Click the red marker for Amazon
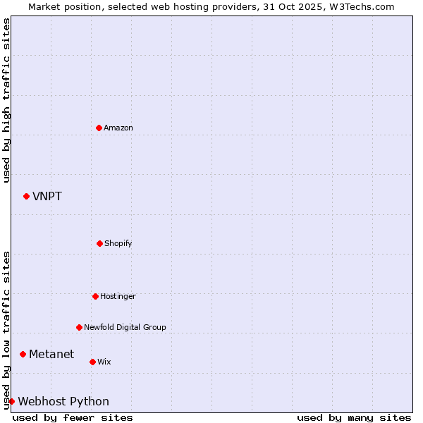coord(99,128)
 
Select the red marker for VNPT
coord(27,196)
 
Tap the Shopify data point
coord(99,243)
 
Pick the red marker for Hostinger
coord(95,296)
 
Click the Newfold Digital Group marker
coord(79,327)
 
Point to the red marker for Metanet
coord(23,354)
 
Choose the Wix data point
coord(92,362)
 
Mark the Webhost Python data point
coord(12,401)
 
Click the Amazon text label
coord(118,128)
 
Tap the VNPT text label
coord(47,196)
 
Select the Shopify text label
coord(118,243)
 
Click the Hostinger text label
coord(118,296)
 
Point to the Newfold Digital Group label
coord(125,327)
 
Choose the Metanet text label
coord(51,354)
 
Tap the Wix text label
coord(104,362)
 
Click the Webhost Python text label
coord(63,401)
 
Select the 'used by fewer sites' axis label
coord(73,417)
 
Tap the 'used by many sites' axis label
coord(354,417)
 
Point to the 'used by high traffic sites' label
coord(6,100)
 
